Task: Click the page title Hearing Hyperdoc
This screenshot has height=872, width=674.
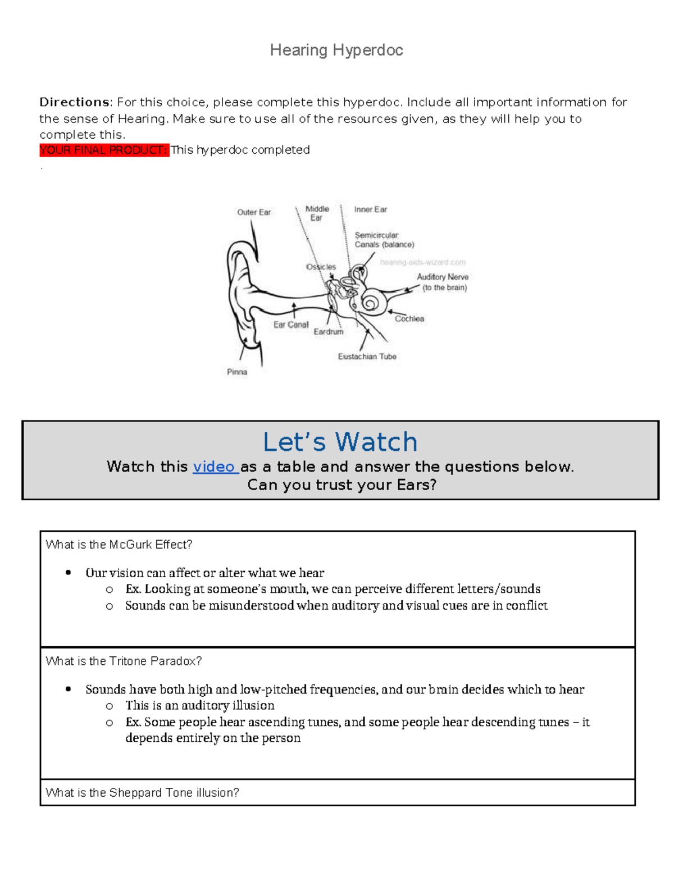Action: pyautogui.click(x=336, y=51)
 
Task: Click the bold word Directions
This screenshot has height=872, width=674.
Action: pyautogui.click(x=75, y=102)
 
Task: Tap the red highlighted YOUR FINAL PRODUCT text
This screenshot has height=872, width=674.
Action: pyautogui.click(x=104, y=150)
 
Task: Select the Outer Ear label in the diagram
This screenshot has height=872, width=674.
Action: pyautogui.click(x=254, y=212)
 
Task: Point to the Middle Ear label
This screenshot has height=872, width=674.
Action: pyautogui.click(x=317, y=213)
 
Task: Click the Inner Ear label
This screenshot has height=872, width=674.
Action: pyautogui.click(x=370, y=209)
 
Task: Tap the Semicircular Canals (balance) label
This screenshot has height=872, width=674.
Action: pyautogui.click(x=384, y=240)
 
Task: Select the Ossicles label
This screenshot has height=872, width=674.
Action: pyautogui.click(x=321, y=267)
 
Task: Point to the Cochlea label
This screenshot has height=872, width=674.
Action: pyautogui.click(x=409, y=319)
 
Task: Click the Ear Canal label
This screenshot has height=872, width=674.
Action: pyautogui.click(x=291, y=325)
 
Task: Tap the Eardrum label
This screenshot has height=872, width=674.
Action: pyautogui.click(x=329, y=332)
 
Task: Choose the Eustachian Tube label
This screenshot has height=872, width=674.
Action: pyautogui.click(x=367, y=357)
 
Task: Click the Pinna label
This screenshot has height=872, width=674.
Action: pyautogui.click(x=237, y=372)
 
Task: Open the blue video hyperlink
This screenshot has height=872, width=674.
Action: pyautogui.click(x=214, y=467)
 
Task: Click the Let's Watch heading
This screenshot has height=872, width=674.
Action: pyautogui.click(x=340, y=442)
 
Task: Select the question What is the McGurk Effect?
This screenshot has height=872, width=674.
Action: pyautogui.click(x=119, y=545)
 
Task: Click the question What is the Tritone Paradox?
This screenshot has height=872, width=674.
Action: pyautogui.click(x=124, y=661)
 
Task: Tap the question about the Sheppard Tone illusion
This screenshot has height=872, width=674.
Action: pyautogui.click(x=142, y=792)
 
